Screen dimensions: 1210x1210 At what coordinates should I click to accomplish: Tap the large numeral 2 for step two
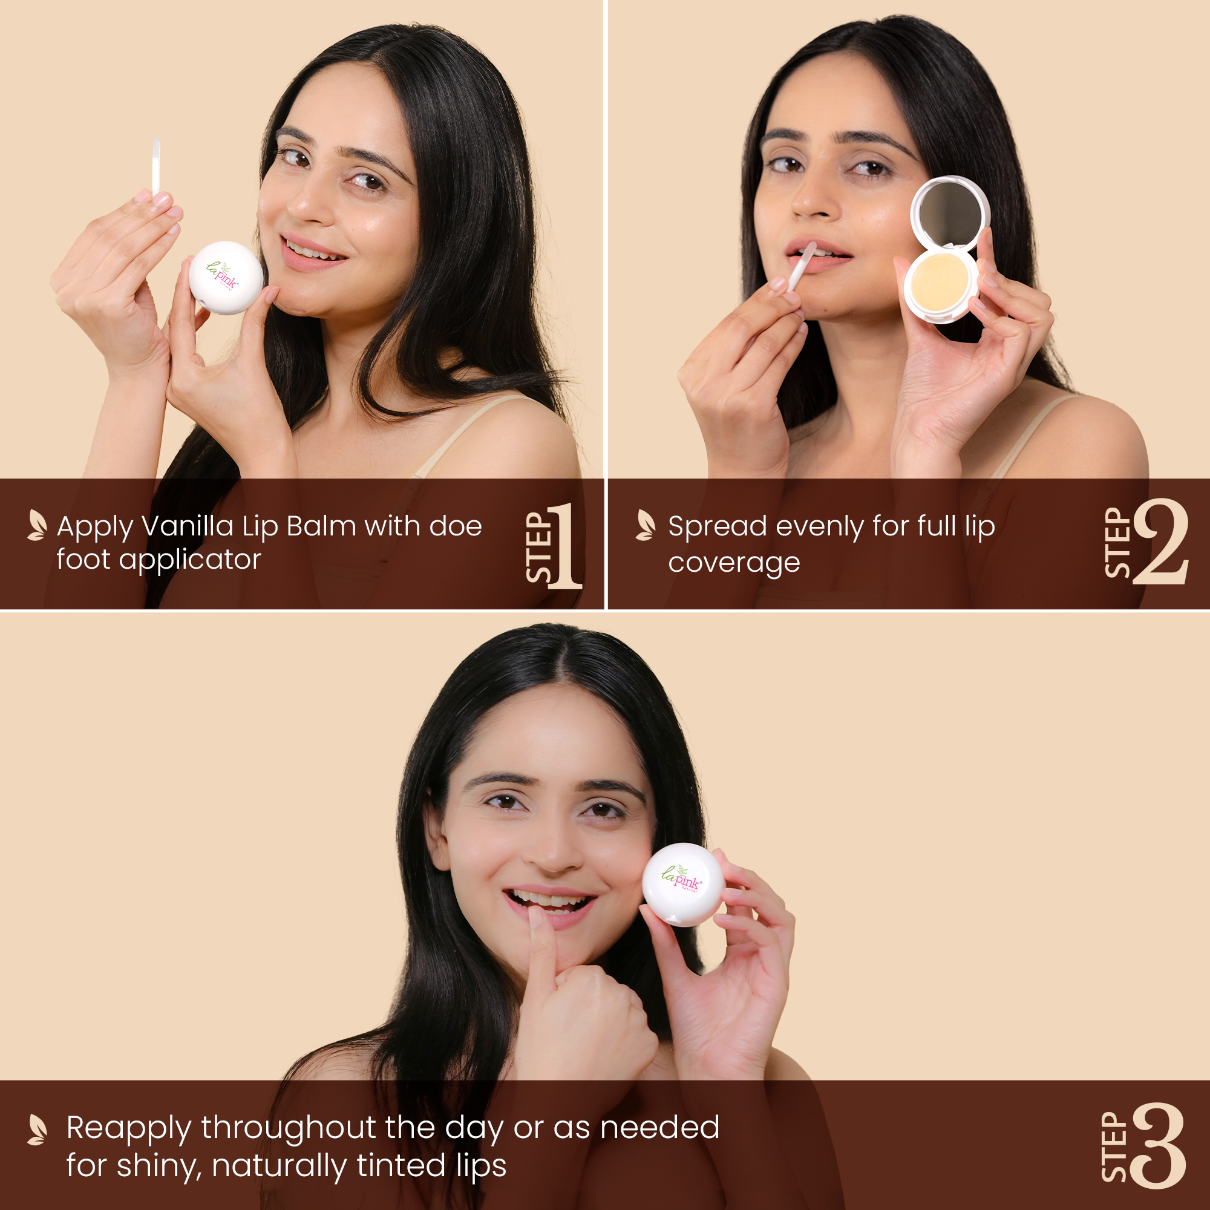tap(1160, 542)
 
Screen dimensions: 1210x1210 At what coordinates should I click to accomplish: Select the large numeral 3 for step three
tap(1159, 1145)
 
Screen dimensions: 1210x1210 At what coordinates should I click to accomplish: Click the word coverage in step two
tap(733, 563)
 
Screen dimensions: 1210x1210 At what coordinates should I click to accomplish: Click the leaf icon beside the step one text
tap(37, 525)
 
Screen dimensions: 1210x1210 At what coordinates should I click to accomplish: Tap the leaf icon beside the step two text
tap(645, 525)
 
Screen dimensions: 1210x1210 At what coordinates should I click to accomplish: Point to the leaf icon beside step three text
tap(37, 1129)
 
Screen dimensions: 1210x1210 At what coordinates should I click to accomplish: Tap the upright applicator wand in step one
tap(156, 166)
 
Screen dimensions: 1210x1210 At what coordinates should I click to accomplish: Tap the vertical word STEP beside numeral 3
tap(1114, 1146)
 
